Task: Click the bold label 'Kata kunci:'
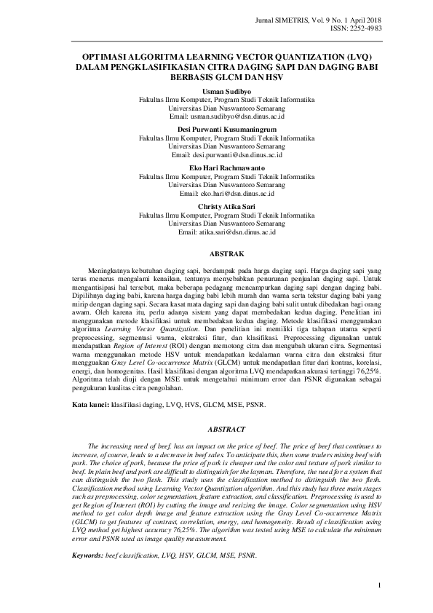pyautogui.click(x=90, y=403)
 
